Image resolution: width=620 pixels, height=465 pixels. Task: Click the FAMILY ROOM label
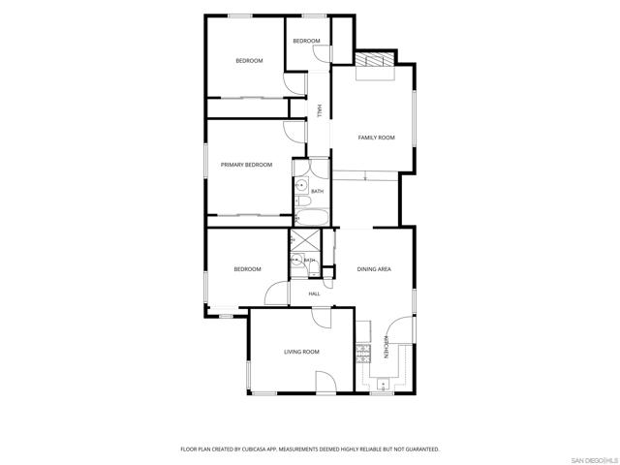pos(376,138)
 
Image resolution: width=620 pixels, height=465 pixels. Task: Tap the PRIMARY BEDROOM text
pos(246,165)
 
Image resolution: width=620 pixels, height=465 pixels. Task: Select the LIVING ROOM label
pos(301,352)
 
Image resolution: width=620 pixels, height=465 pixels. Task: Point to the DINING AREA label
pos(374,269)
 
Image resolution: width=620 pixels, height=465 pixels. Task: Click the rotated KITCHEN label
pos(386,347)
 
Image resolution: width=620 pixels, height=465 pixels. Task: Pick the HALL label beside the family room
pos(319,110)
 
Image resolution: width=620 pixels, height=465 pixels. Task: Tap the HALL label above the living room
pos(314,294)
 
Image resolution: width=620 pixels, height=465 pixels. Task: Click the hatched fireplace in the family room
pos(375,59)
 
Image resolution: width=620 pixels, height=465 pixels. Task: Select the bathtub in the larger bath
pos(312,217)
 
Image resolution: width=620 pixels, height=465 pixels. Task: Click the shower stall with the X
pos(305,239)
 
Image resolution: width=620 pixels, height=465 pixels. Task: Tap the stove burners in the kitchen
pos(363,354)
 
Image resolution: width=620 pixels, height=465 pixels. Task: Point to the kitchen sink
pos(383,385)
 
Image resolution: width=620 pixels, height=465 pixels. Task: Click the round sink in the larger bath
pos(301,185)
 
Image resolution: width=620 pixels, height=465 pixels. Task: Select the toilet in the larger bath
pos(303,201)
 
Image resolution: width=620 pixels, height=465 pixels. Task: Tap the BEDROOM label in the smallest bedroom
pos(306,41)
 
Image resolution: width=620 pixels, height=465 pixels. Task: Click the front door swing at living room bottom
pos(325,383)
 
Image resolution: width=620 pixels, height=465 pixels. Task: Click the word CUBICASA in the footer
pos(258,449)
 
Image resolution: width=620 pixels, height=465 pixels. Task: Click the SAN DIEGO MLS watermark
pos(595,461)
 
